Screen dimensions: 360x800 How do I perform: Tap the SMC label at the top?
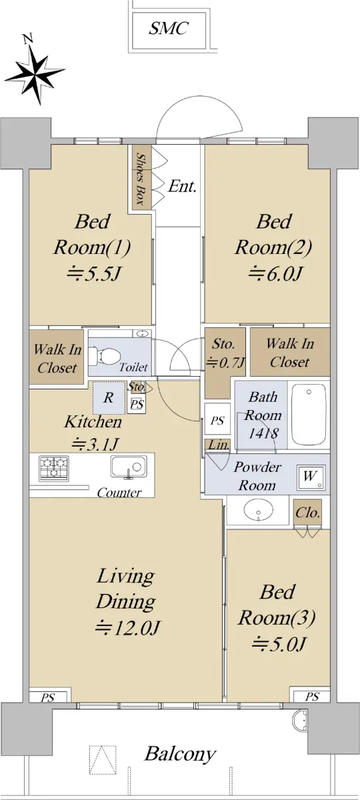[168, 28]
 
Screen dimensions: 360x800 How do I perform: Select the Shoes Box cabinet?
[142, 177]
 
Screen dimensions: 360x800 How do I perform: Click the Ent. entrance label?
[182, 186]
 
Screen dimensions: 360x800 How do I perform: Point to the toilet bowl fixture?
[103, 357]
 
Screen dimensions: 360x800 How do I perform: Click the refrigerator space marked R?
[109, 397]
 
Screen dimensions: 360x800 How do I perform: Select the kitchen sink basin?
[129, 466]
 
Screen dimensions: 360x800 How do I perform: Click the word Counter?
[119, 493]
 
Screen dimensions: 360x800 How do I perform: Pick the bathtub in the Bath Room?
[309, 413]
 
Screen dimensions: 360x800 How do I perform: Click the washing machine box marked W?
[310, 477]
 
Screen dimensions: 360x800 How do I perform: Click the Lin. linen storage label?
[218, 445]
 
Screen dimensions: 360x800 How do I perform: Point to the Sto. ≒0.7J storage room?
[225, 361]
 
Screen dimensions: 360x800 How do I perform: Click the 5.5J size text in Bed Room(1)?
[95, 274]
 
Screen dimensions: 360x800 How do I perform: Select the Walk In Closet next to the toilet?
[57, 357]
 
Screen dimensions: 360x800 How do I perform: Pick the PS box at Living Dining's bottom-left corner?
[48, 697]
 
